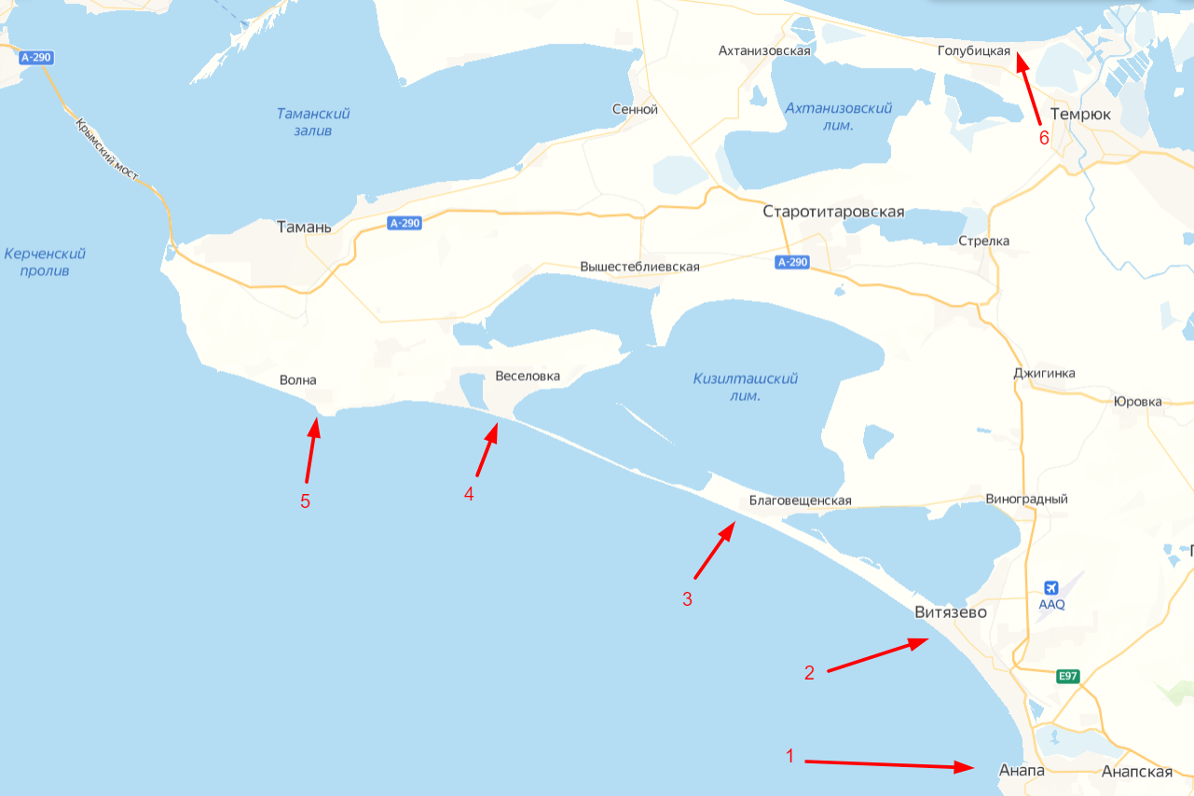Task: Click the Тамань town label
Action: (304, 226)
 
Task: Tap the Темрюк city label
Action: (1080, 114)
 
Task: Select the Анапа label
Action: (1021, 772)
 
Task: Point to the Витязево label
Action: (950, 612)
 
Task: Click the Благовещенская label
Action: (801, 501)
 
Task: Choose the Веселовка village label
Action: (528, 377)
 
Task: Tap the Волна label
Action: (298, 380)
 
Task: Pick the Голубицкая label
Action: (973, 51)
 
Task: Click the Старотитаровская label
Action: (833, 212)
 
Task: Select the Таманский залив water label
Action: (313, 122)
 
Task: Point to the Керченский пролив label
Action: (45, 262)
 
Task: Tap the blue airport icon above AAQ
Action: (1051, 587)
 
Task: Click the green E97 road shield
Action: (1068, 676)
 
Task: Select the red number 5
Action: (305, 501)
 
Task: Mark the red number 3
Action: (687, 599)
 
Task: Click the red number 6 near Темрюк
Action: (1044, 138)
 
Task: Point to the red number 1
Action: (790, 756)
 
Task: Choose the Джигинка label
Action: (1044, 374)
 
